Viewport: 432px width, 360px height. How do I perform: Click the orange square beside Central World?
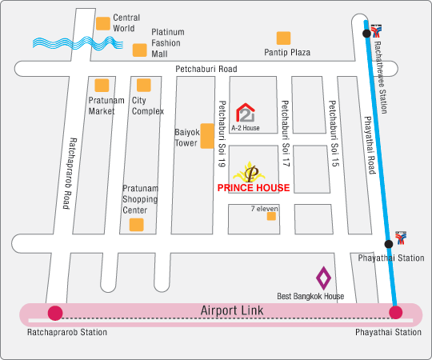(103, 23)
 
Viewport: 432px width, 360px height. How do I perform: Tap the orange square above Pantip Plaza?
(283, 38)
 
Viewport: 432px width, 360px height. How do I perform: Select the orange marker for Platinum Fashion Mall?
(140, 50)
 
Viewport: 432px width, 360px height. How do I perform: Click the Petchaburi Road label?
(206, 69)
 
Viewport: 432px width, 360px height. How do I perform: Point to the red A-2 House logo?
(246, 112)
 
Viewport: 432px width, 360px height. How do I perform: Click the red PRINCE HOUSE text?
(254, 188)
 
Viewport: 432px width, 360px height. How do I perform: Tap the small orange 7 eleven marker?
(271, 216)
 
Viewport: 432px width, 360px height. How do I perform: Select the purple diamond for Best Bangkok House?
(323, 278)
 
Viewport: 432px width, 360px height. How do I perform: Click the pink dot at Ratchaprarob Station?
(55, 313)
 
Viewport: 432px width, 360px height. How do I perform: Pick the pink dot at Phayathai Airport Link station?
(396, 312)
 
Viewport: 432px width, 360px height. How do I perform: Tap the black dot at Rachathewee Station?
(366, 34)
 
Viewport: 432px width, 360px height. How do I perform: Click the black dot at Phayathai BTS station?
(389, 244)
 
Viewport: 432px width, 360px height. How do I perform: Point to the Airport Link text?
(232, 310)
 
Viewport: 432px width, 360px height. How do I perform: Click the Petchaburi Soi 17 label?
(286, 134)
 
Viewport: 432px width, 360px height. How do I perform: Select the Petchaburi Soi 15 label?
(333, 134)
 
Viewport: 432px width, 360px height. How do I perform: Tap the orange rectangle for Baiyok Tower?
(207, 136)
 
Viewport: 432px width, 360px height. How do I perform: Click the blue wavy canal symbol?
(78, 43)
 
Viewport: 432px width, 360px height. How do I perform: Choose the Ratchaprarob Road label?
(69, 174)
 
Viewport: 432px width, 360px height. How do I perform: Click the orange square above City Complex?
(144, 85)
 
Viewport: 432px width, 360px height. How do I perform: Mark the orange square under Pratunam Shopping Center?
(136, 225)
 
